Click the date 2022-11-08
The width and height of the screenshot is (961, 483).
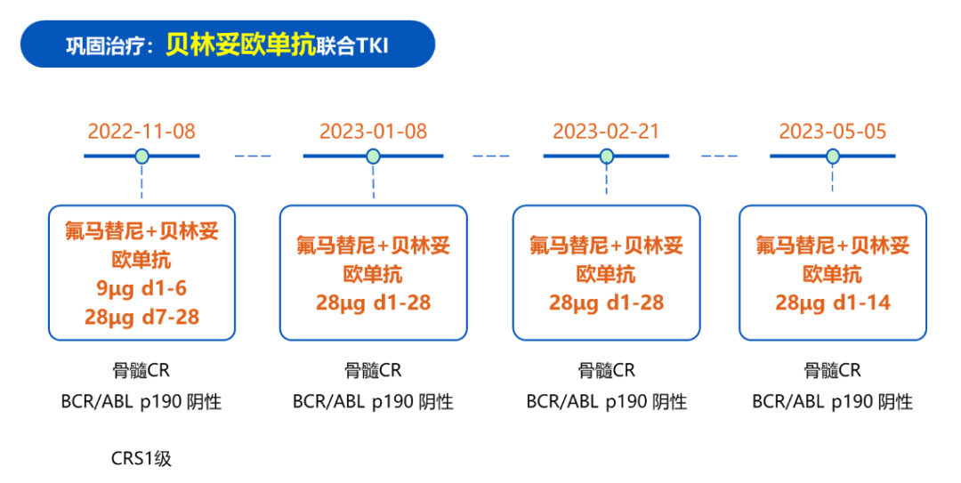point(141,131)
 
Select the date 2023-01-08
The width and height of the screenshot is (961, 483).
point(373,131)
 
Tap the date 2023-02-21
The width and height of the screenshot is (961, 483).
point(606,131)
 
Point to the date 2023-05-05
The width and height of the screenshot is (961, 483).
point(833,131)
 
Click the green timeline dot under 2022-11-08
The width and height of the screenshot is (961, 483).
point(141,157)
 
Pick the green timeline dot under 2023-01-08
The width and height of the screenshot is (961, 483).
point(373,157)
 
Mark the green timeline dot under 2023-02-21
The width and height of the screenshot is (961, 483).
point(607,157)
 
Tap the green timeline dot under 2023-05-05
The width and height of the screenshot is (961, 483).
point(833,157)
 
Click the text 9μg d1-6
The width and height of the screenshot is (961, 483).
point(141,288)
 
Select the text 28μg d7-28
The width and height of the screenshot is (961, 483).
point(141,317)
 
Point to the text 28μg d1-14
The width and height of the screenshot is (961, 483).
point(833,302)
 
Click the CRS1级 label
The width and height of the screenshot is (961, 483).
point(141,458)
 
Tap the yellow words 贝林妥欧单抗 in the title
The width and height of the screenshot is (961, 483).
point(241,44)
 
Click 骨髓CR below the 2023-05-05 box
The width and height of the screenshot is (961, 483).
point(833,370)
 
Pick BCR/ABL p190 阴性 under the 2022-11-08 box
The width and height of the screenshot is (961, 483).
point(141,402)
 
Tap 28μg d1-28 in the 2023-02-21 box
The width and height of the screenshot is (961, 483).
point(606,302)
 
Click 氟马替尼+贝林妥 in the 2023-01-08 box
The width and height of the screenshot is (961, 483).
point(373,246)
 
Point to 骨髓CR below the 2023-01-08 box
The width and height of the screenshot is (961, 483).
point(373,370)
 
